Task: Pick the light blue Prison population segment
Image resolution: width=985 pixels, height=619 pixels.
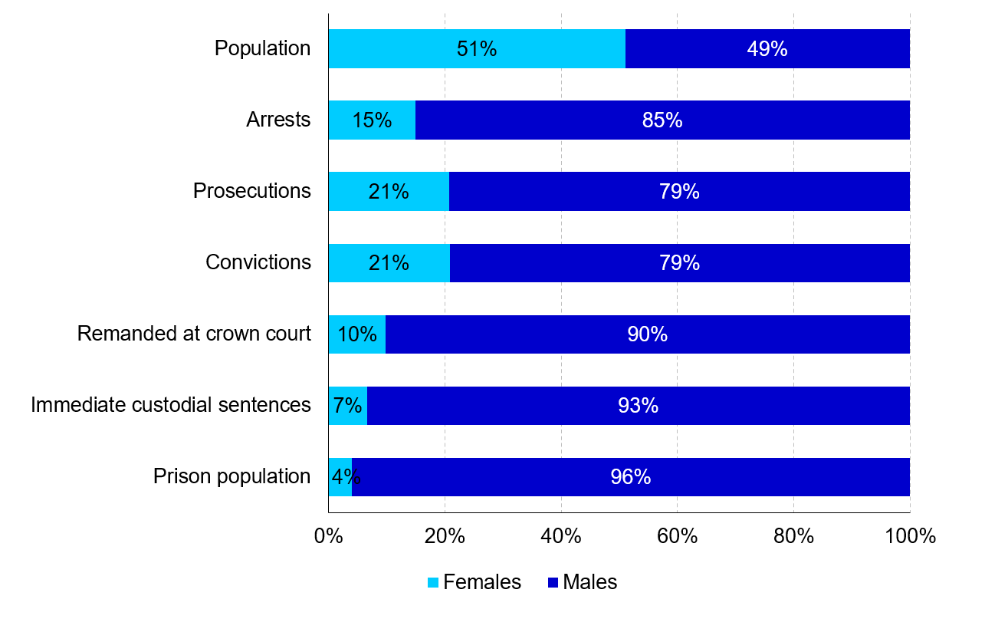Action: (335, 477)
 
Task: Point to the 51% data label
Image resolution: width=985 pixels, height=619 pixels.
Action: (477, 49)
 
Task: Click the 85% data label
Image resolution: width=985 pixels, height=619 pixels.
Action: (662, 120)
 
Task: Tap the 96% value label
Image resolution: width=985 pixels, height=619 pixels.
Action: (630, 477)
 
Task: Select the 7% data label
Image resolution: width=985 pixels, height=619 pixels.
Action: (347, 406)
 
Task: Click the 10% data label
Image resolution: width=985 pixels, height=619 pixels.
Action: (357, 334)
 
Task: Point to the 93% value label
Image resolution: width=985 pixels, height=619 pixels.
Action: (638, 406)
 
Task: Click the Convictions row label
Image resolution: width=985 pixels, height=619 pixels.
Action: (258, 262)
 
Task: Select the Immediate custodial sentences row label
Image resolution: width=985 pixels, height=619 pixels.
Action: (171, 405)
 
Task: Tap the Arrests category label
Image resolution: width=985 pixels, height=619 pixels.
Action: (278, 120)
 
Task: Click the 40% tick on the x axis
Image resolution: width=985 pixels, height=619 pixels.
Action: (561, 536)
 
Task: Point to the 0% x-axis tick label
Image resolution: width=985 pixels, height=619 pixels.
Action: (328, 536)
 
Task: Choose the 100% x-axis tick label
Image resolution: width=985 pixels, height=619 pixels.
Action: (910, 536)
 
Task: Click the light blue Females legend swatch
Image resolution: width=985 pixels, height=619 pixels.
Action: (433, 583)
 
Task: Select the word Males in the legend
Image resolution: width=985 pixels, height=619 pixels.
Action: (589, 582)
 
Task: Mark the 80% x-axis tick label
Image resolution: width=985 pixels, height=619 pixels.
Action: (793, 536)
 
